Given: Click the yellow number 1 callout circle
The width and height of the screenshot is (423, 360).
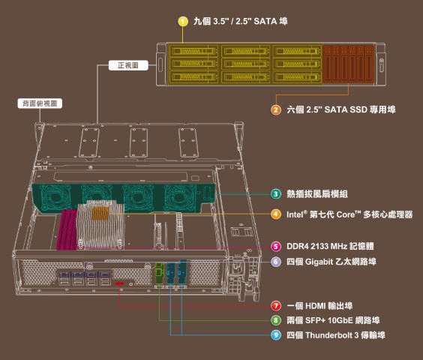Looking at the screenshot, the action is (x=183, y=21).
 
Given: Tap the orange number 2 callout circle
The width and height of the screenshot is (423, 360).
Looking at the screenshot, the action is (x=276, y=109).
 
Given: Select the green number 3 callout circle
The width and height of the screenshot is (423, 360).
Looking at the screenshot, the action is (x=276, y=194).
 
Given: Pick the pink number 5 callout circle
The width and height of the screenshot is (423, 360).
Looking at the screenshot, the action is (x=276, y=246).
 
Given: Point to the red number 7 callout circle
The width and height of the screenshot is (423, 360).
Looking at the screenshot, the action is (x=276, y=306).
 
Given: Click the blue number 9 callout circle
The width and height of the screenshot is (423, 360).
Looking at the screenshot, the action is (x=276, y=335).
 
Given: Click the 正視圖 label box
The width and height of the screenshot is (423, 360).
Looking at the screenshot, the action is (x=128, y=65).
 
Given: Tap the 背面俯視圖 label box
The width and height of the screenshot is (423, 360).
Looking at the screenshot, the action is (x=40, y=103).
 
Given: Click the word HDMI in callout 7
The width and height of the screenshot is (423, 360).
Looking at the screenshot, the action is (x=315, y=306).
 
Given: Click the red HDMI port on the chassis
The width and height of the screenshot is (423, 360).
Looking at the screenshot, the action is (x=119, y=283).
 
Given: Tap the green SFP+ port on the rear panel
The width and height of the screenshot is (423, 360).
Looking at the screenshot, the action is (x=160, y=273).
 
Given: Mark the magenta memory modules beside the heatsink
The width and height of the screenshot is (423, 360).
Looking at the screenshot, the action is (x=67, y=229).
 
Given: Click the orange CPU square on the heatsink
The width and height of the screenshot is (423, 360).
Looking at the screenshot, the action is (x=100, y=214).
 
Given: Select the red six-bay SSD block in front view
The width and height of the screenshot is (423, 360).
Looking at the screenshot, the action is (x=349, y=64).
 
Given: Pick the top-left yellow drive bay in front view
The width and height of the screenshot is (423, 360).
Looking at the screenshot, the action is (x=193, y=51).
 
